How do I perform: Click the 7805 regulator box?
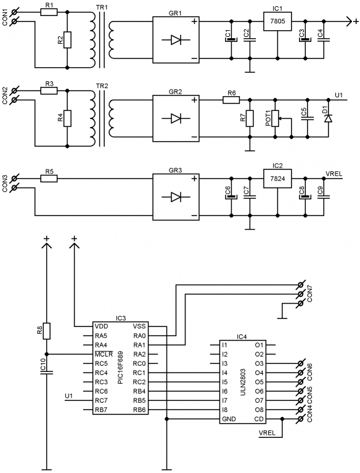click(x=277, y=22)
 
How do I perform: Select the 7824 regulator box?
click(x=277, y=179)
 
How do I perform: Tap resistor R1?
click(x=49, y=12)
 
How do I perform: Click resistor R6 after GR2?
click(x=231, y=100)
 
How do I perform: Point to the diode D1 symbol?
click(x=329, y=118)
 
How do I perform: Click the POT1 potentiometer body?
click(x=275, y=118)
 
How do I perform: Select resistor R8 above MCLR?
click(x=46, y=331)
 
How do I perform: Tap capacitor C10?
click(x=46, y=372)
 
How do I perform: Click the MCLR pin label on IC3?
click(x=104, y=354)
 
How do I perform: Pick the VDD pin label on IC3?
click(x=101, y=326)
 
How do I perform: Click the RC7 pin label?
click(x=101, y=400)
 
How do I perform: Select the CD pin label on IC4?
click(x=259, y=419)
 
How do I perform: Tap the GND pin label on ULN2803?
click(x=229, y=419)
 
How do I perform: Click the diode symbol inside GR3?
click(x=176, y=197)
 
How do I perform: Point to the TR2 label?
click(x=102, y=86)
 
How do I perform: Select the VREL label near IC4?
click(x=267, y=433)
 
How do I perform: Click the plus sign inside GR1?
click(x=194, y=22)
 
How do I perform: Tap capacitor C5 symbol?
click(x=308, y=118)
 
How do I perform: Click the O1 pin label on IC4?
click(x=259, y=345)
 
